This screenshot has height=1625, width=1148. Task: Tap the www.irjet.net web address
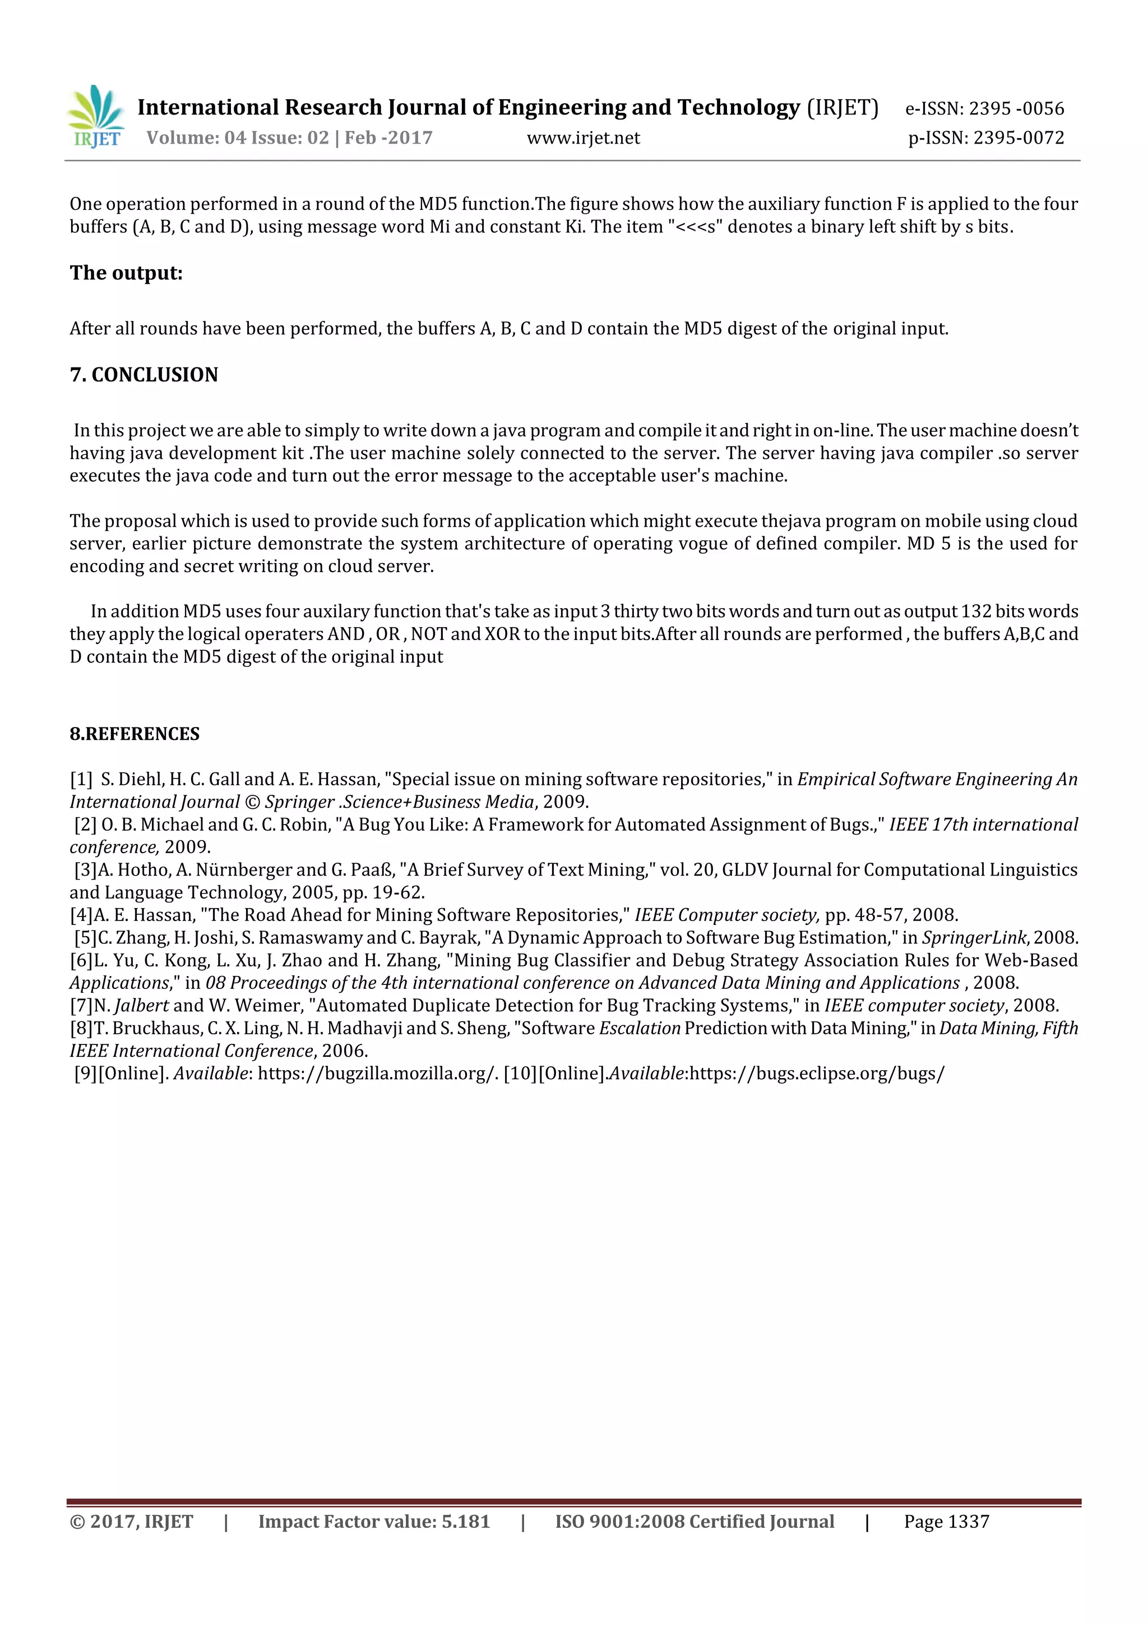583,138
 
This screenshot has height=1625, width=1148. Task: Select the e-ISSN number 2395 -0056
1016,108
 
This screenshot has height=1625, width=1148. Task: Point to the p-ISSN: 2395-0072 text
986,138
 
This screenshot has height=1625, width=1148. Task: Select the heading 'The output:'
126,273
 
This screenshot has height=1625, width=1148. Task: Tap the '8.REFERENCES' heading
135,733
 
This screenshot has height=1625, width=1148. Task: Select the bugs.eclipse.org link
816,1073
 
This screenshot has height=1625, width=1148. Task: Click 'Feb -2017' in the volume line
388,138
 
